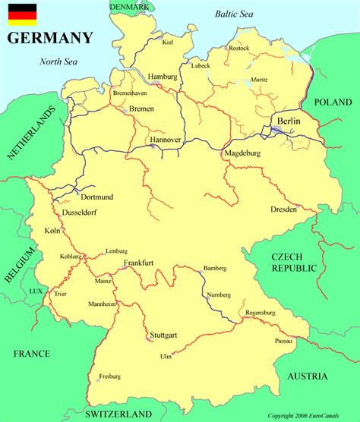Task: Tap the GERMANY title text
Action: [50, 38]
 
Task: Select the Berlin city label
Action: [289, 121]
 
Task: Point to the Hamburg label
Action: [163, 77]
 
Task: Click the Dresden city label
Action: [283, 209]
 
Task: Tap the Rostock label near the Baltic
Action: [238, 49]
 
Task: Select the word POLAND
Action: [334, 102]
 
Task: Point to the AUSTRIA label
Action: [308, 376]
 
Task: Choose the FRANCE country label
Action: [31, 354]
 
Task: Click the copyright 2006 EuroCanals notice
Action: [311, 416]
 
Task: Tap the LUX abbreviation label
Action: [36, 291]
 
